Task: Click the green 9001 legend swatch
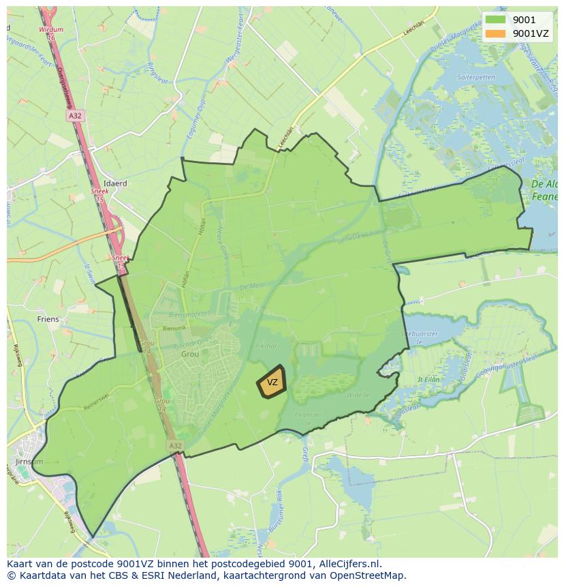click(495, 20)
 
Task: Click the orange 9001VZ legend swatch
click(495, 33)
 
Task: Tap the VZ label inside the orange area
click(272, 382)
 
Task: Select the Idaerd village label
click(115, 183)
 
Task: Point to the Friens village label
click(48, 319)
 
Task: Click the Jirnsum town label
click(27, 462)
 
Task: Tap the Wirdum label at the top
click(51, 30)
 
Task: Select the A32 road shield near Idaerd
click(75, 117)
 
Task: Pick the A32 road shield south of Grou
click(176, 445)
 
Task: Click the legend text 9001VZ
click(530, 33)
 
